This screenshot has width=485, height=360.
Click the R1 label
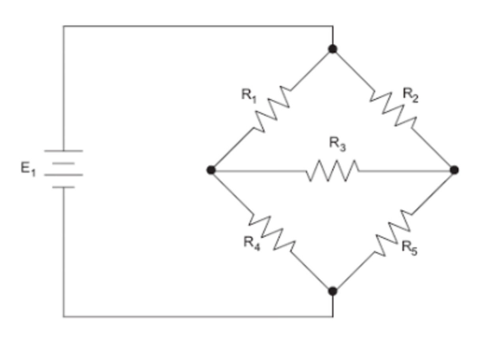(x=249, y=96)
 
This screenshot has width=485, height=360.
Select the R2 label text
(x=410, y=95)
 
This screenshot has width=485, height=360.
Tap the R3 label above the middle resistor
(x=337, y=144)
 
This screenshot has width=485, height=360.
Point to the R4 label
(x=252, y=242)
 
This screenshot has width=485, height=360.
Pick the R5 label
(x=409, y=247)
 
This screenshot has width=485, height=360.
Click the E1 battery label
(x=28, y=169)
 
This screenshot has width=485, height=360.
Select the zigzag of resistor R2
(x=393, y=110)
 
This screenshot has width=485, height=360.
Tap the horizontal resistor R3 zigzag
(x=333, y=171)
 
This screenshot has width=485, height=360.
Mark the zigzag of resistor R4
(x=272, y=233)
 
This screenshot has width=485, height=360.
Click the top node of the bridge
(x=333, y=49)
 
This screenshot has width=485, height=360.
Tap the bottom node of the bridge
(x=333, y=291)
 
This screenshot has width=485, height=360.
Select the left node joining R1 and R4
(x=211, y=170)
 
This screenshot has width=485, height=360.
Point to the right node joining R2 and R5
(x=454, y=170)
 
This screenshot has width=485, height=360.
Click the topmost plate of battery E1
(x=63, y=151)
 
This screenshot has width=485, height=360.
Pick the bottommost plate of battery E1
(x=63, y=187)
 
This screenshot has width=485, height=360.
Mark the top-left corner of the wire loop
(x=63, y=26)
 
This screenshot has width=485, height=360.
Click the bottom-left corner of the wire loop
(x=63, y=317)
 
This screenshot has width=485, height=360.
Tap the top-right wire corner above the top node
(x=333, y=26)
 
